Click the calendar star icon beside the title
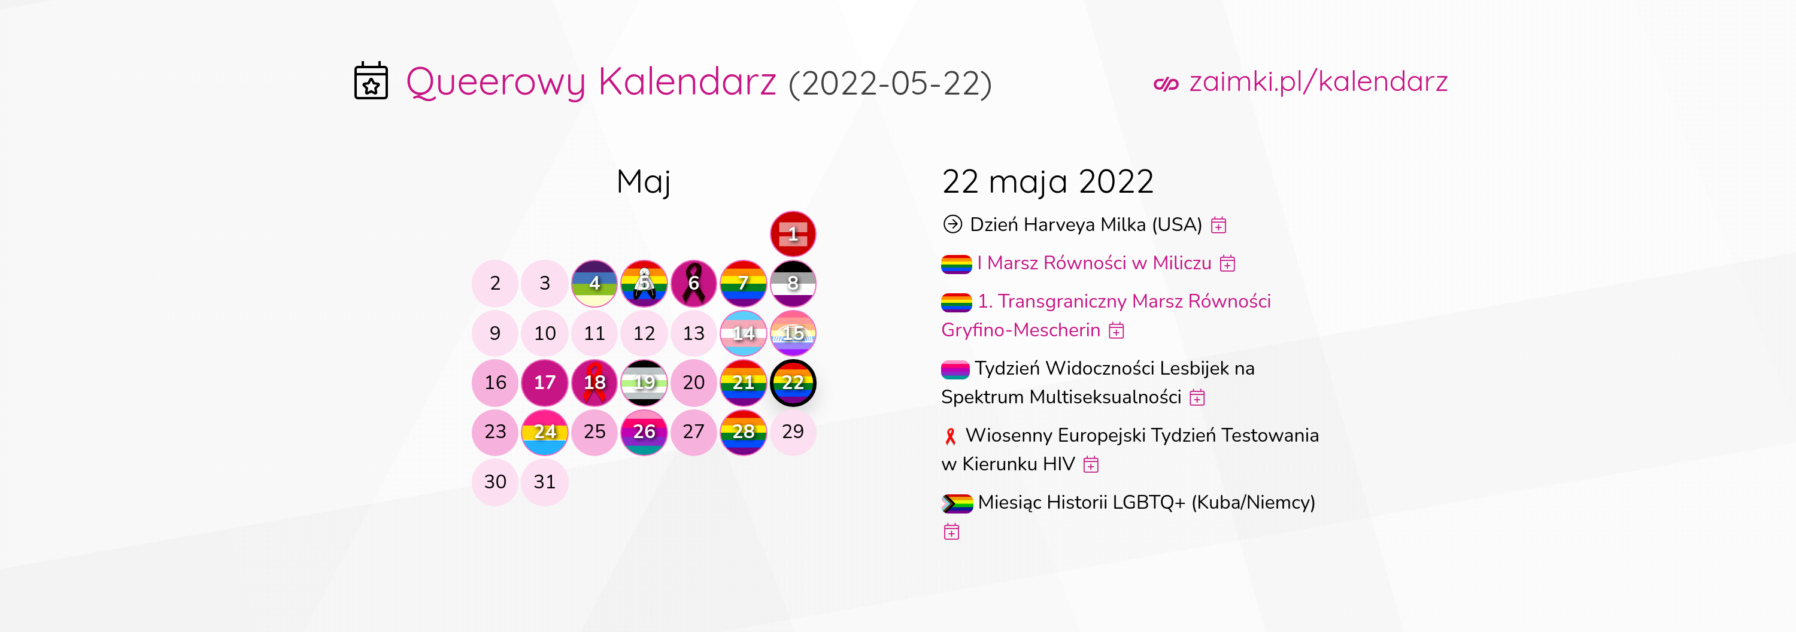click(371, 81)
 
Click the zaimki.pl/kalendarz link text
click(1318, 81)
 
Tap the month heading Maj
click(644, 183)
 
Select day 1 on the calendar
click(793, 233)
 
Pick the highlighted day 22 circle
click(793, 382)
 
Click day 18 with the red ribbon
click(594, 382)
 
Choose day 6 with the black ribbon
click(694, 284)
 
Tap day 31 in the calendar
click(545, 482)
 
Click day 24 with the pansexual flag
click(545, 432)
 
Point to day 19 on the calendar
click(644, 382)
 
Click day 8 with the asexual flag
click(793, 284)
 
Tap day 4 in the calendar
click(594, 284)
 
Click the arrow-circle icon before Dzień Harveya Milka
click(952, 224)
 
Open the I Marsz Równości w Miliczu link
click(1094, 263)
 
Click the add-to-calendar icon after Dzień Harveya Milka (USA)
click(1219, 225)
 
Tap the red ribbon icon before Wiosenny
click(950, 436)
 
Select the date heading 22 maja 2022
click(1048, 182)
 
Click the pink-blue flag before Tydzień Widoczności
click(955, 369)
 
